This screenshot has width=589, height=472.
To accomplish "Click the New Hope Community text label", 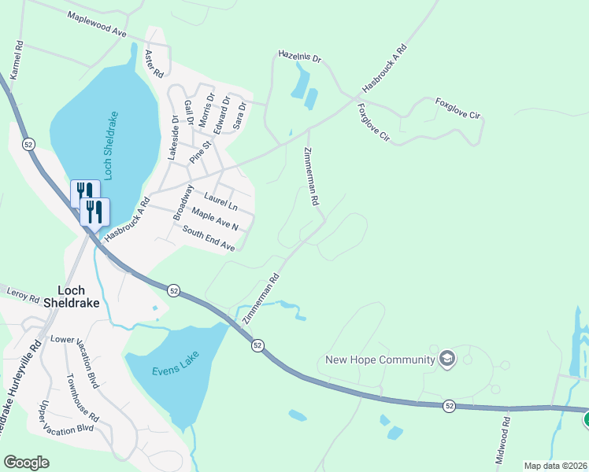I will pyautogui.click(x=380, y=360).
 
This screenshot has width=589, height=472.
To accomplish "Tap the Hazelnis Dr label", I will pyautogui.click(x=300, y=57).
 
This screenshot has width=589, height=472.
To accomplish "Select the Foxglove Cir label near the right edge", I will pyautogui.click(x=457, y=109).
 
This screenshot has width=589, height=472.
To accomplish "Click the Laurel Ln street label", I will pyautogui.click(x=220, y=201).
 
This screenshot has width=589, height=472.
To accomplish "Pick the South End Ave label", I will pyautogui.click(x=209, y=238).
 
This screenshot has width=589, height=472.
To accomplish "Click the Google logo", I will pyautogui.click(x=26, y=462).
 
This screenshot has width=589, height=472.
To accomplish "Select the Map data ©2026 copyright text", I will pyautogui.click(x=555, y=466).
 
